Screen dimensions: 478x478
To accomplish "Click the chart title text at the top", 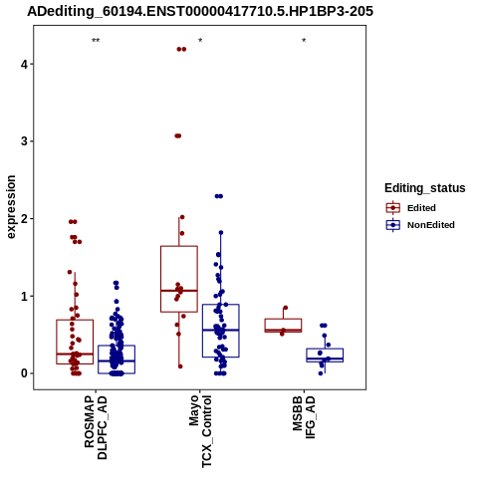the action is pos(200,11).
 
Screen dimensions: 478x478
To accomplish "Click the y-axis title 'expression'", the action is pos(11,207).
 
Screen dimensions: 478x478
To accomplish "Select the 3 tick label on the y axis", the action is pos(24,141).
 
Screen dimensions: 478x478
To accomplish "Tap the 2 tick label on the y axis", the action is pos(24,218).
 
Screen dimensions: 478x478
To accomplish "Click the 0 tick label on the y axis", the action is pos(24,373).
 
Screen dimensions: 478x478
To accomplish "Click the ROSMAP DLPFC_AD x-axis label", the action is pos(96,427).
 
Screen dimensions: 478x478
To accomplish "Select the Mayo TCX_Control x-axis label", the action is pos(200,431).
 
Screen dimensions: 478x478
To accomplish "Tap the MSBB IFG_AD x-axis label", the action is pos(304,417).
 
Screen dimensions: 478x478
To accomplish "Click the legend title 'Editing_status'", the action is pos(425,188).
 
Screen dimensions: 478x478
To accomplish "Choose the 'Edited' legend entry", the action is pos(411,208).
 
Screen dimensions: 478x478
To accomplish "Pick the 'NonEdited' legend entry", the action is pos(420,225).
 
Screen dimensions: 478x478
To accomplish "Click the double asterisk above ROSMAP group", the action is pos(96,41).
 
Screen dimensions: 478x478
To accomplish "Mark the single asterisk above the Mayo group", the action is pos(200,41).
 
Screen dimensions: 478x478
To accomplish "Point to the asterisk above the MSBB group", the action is pos(304,41).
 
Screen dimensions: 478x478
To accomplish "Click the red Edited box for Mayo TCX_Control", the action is pos(161,279).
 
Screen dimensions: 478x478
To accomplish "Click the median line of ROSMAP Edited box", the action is pos(75,354).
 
